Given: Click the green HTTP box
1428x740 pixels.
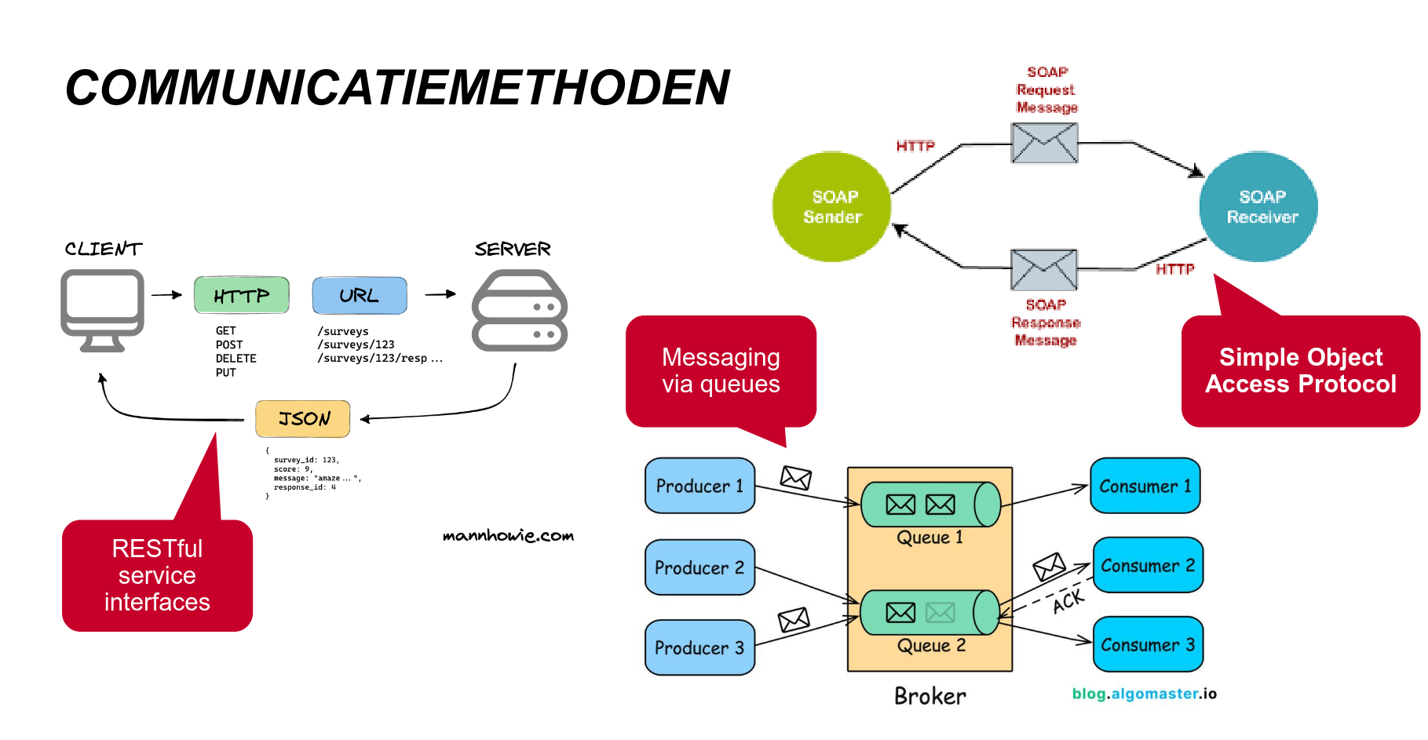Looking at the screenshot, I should [x=242, y=295].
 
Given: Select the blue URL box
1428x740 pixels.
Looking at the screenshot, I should [x=360, y=295].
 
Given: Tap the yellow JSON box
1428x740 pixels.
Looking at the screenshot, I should [x=303, y=418].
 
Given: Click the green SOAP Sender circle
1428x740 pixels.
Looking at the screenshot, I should [x=831, y=206].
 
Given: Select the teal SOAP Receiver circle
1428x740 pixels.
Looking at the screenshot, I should [x=1258, y=206].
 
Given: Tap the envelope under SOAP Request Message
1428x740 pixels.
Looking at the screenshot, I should [x=1044, y=143].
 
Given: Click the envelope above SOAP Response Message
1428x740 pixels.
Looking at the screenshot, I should [x=1044, y=269].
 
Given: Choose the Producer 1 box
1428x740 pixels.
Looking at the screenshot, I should [x=699, y=486].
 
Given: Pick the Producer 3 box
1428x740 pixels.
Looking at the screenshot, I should [x=699, y=647].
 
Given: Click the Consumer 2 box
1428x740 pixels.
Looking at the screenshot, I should [x=1148, y=565].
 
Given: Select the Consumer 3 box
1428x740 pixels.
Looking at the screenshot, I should [x=1148, y=644].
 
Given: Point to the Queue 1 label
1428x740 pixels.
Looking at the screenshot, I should [x=930, y=538].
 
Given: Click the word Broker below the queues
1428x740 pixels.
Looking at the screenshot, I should [x=930, y=696].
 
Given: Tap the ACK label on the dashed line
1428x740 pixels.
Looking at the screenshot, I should [x=1068, y=601].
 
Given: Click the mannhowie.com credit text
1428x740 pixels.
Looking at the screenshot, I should [x=508, y=536].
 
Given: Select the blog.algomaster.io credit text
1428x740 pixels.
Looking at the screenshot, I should [x=1144, y=694].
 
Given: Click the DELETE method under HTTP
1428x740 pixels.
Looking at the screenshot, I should [x=236, y=359].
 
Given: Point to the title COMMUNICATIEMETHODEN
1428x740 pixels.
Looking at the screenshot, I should [x=397, y=87].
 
